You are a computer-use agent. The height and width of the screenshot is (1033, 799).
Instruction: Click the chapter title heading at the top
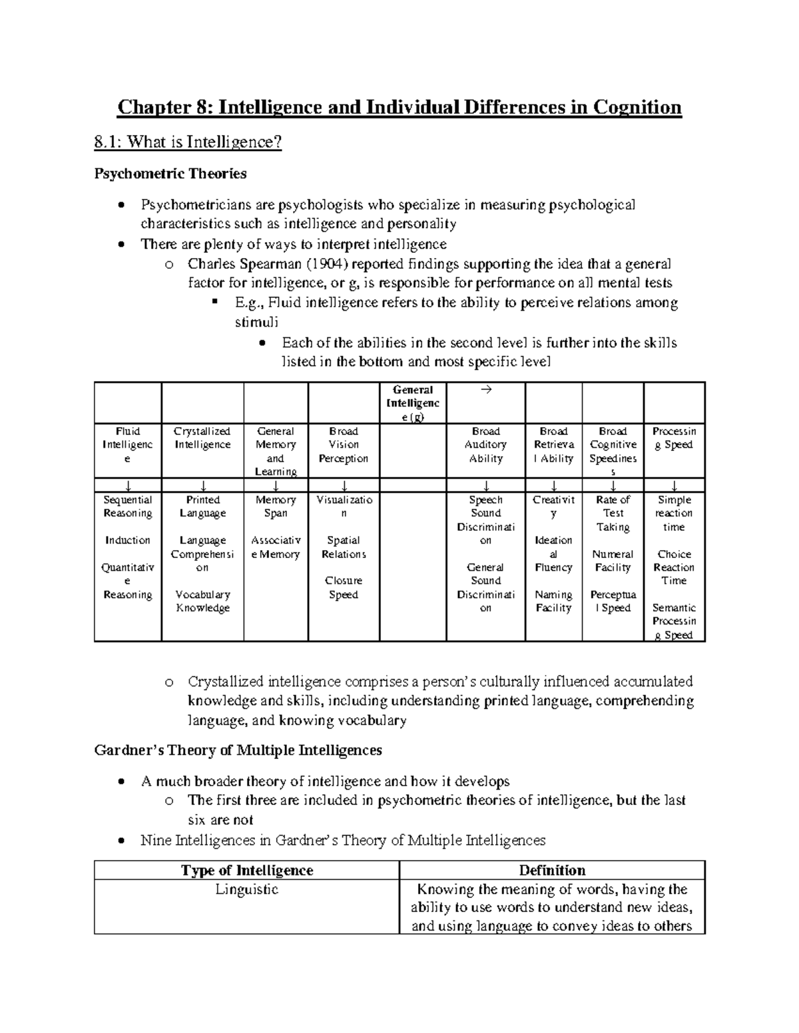coord(400,108)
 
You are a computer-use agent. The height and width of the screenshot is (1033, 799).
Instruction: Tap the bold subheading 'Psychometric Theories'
coord(170,174)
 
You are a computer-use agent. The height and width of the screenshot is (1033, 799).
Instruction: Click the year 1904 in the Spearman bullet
coord(324,264)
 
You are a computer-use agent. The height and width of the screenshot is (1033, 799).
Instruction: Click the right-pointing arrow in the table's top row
coord(485,390)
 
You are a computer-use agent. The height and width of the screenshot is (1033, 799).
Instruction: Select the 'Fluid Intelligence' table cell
coord(127,445)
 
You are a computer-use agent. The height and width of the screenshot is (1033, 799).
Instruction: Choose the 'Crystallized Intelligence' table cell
coord(202,438)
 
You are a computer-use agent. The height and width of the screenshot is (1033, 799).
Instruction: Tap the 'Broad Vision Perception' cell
coord(344,445)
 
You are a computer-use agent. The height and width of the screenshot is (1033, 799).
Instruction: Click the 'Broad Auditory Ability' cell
coord(485,445)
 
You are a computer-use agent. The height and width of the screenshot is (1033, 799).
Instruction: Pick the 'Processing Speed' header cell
coord(674,438)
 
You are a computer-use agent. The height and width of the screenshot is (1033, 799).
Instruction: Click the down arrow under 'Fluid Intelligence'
coord(127,486)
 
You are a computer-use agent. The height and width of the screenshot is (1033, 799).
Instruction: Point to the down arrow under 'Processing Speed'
coord(674,486)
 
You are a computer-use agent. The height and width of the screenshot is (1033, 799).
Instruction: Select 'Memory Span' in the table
coord(276,506)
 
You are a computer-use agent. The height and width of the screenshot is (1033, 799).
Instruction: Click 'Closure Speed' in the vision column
coord(344,588)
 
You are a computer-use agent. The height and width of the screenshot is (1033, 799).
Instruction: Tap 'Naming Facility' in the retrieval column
coord(553,601)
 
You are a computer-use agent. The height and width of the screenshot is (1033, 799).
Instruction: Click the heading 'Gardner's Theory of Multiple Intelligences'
coord(238,750)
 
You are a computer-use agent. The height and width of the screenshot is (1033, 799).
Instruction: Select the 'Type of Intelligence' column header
coord(247,870)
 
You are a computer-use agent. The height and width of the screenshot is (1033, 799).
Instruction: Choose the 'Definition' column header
coord(552,870)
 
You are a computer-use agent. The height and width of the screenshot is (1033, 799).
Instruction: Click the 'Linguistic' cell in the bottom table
coord(247,889)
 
